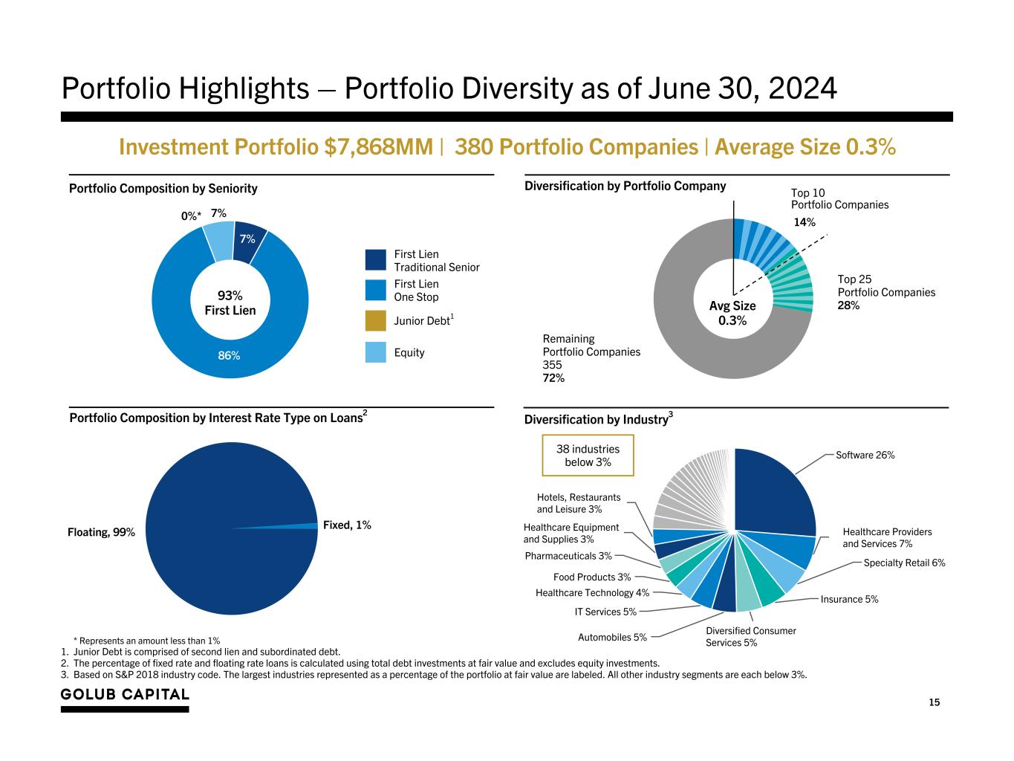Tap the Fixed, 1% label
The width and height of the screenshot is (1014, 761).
coord(347,525)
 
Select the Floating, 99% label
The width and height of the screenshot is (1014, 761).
coord(101,532)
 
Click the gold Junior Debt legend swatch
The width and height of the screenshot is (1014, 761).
coord(376,320)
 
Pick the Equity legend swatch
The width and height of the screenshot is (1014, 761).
coord(376,352)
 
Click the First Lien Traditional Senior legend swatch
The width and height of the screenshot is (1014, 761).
coord(376,260)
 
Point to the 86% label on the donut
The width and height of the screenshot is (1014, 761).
coord(229,355)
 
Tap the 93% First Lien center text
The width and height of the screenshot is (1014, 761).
coord(230,303)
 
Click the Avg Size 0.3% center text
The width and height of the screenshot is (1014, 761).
coord(732,313)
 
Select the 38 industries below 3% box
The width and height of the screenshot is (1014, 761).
coord(588,456)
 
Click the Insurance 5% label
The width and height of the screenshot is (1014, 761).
coord(849,599)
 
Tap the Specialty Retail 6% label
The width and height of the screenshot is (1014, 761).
coord(904,563)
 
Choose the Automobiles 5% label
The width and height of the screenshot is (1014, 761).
coord(612,637)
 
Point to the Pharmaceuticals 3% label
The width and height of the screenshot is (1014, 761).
coord(568,556)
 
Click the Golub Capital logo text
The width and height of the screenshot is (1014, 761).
coord(125,695)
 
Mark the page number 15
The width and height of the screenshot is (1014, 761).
coord(934,703)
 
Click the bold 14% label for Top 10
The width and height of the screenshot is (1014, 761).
coord(805,222)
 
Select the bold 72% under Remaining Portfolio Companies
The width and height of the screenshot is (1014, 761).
coord(553,378)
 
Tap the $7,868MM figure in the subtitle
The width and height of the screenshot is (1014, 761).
coord(379,147)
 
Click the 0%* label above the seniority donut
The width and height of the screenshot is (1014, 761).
coord(192,216)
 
